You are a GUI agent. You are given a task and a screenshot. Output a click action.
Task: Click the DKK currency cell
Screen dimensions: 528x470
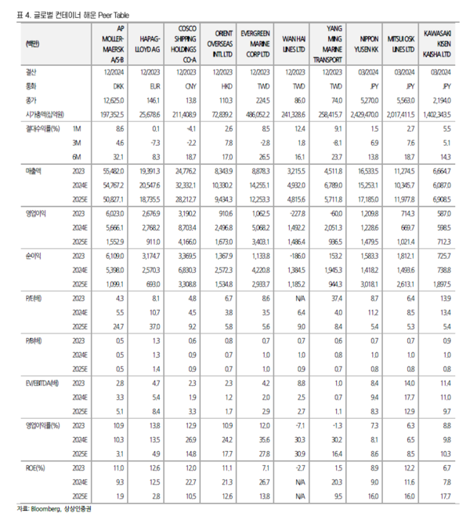click(x=118, y=89)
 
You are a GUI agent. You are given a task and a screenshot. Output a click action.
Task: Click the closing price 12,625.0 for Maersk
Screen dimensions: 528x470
click(x=114, y=101)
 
